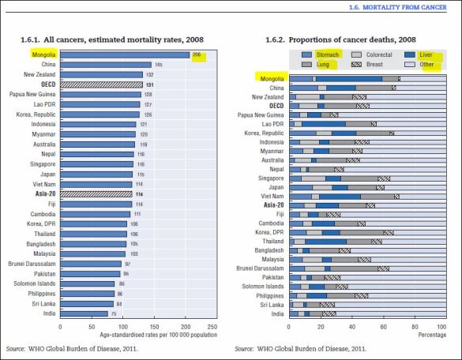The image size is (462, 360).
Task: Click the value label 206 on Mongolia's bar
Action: [197, 54]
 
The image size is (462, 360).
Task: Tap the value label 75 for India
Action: [114, 313]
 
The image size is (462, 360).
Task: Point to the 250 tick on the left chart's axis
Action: [211, 325]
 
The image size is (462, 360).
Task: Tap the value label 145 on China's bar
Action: [158, 65]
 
